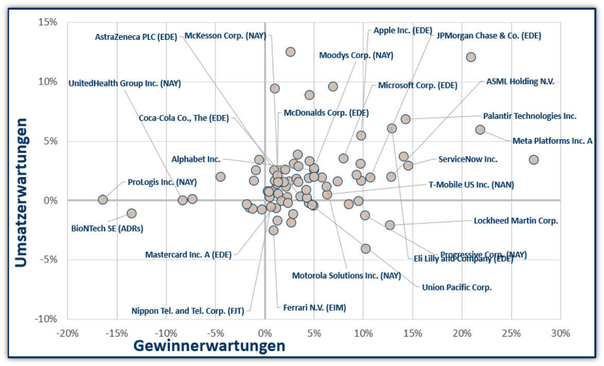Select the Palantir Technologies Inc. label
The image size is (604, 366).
tap(529, 116)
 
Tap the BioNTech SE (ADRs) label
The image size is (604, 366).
tap(107, 228)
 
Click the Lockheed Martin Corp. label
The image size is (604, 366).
tap(516, 221)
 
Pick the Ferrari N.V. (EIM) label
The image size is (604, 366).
tap(314, 308)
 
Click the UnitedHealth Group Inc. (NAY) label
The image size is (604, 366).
tap(125, 83)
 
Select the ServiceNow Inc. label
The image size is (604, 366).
tap(467, 159)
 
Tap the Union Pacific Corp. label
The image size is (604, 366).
tap(457, 287)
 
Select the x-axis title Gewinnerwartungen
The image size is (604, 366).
tap(209, 346)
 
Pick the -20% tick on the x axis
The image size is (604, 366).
tap(68, 333)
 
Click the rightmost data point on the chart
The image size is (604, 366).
tap(533, 160)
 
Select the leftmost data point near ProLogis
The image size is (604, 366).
tap(103, 199)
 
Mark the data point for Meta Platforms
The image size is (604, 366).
tap(480, 130)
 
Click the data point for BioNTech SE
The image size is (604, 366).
tap(131, 213)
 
